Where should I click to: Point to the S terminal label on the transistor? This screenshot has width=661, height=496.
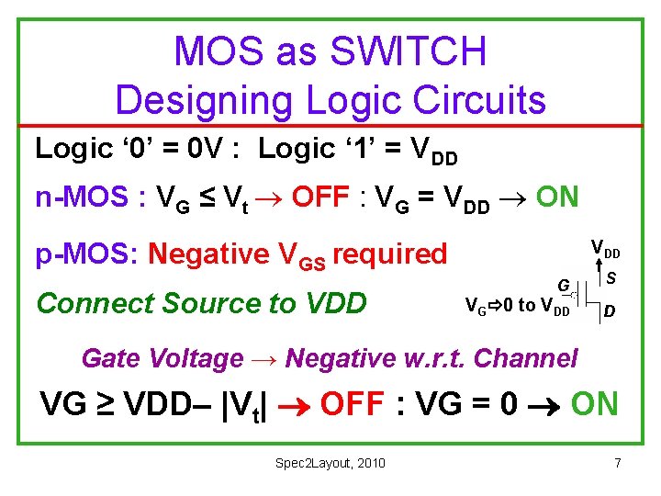coord(610,277)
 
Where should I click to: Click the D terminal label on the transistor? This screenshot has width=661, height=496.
coord(610,312)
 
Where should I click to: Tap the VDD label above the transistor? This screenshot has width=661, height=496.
coord(606,248)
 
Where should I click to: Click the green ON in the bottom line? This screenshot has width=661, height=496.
coord(595,403)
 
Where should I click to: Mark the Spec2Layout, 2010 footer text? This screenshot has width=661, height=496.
coord(330,462)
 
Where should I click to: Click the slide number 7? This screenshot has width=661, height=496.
coord(618,462)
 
